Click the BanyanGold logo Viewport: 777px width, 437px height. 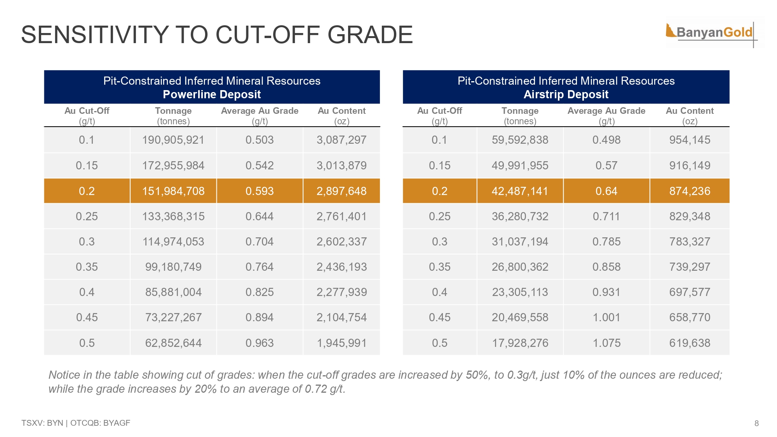click(711, 33)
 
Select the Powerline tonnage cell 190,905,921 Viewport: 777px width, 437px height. click(173, 140)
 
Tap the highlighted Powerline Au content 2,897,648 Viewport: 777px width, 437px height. click(341, 191)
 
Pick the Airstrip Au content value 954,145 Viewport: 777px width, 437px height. click(690, 140)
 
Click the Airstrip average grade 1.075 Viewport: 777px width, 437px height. click(606, 343)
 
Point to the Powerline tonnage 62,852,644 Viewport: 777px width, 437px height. click(173, 343)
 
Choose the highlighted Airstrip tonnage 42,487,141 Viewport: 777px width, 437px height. click(520, 191)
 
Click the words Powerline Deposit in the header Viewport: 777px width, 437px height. click(212, 94)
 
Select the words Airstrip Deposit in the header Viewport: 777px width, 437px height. click(566, 94)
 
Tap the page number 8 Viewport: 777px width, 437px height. click(756, 423)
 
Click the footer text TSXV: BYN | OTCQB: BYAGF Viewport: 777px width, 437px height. click(76, 423)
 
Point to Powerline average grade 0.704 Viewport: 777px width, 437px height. click(260, 242)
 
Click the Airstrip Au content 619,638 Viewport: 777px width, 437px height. click(690, 343)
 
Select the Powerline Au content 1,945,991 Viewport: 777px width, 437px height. click(341, 343)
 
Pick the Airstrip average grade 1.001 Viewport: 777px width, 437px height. click(606, 317)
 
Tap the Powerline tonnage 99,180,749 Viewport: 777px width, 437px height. click(173, 267)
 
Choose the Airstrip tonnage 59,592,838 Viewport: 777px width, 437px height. click(520, 140)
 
